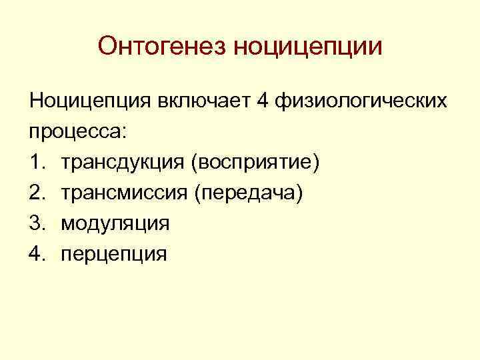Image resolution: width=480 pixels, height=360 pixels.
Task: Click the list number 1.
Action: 36,162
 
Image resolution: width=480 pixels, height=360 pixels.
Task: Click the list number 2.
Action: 36,193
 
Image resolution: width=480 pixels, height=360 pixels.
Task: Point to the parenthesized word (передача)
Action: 248,193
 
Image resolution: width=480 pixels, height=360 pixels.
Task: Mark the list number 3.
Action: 36,223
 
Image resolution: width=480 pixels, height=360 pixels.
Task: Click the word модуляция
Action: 115,223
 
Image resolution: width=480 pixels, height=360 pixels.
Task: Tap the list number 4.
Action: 36,253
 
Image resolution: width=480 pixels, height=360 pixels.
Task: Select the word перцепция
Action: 114,254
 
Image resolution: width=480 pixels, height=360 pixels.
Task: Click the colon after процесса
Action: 121,132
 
